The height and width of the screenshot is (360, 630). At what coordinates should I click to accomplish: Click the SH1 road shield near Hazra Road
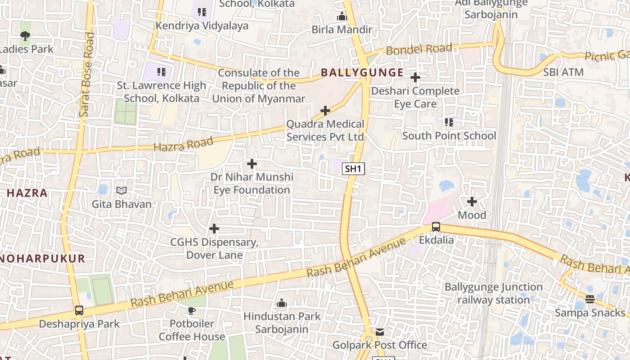pyautogui.click(x=353, y=169)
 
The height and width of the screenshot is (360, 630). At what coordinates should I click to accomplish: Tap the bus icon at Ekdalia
pyautogui.click(x=436, y=227)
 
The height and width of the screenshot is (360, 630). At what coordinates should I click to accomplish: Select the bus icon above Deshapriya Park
pyautogui.click(x=79, y=310)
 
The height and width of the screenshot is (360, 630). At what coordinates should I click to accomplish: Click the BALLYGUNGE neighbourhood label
pyautogui.click(x=362, y=72)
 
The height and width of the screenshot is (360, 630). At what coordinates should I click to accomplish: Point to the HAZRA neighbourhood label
pyautogui.click(x=27, y=193)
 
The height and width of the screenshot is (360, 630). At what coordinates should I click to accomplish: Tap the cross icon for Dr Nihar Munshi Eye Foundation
pyautogui.click(x=252, y=164)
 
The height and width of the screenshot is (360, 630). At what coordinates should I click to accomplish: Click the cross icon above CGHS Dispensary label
pyautogui.click(x=214, y=229)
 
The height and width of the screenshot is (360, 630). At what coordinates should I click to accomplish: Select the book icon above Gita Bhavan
pyautogui.click(x=121, y=191)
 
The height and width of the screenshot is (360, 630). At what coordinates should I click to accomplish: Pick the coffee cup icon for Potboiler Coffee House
pyautogui.click(x=192, y=310)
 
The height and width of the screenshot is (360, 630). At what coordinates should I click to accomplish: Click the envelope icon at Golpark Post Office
pyautogui.click(x=380, y=332)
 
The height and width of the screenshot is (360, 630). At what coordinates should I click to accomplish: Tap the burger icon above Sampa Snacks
pyautogui.click(x=589, y=299)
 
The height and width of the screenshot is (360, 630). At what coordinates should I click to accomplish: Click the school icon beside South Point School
pyautogui.click(x=449, y=122)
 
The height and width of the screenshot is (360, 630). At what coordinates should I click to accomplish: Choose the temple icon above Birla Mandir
pyautogui.click(x=342, y=17)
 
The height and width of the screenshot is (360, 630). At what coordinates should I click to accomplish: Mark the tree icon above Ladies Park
pyautogui.click(x=25, y=36)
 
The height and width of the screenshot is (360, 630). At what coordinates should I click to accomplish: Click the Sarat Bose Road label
pyautogui.click(x=86, y=75)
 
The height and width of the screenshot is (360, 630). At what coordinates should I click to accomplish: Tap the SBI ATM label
pyautogui.click(x=563, y=72)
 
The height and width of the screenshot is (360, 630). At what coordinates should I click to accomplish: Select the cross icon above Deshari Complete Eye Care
pyautogui.click(x=415, y=78)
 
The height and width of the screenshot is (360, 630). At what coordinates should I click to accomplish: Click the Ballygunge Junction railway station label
pyautogui.click(x=493, y=293)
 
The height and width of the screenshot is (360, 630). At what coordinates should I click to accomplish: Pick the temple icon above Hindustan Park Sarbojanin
pyautogui.click(x=282, y=303)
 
